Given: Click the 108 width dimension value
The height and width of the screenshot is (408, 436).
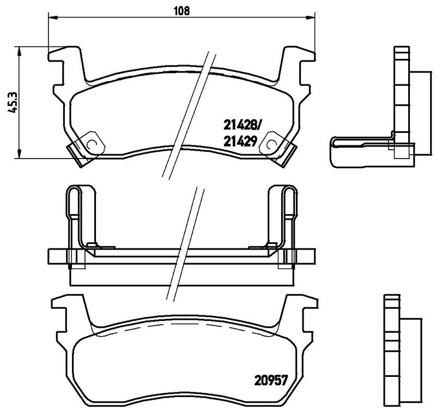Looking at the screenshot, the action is [181, 10].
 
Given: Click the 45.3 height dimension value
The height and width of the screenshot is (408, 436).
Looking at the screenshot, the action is [13, 102].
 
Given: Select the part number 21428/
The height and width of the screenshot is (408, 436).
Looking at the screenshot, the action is [241, 126].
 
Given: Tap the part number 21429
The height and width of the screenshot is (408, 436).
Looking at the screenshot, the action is [240, 142].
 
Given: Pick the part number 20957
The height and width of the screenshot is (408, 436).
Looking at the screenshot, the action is [270, 380].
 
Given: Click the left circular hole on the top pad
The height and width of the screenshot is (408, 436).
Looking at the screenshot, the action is [92, 144].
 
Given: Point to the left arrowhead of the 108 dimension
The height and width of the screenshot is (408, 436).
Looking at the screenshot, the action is [53, 18].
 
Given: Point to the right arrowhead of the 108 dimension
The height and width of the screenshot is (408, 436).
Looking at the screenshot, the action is [311, 18].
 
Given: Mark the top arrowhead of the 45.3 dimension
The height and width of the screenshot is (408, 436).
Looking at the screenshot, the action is [19, 51].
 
